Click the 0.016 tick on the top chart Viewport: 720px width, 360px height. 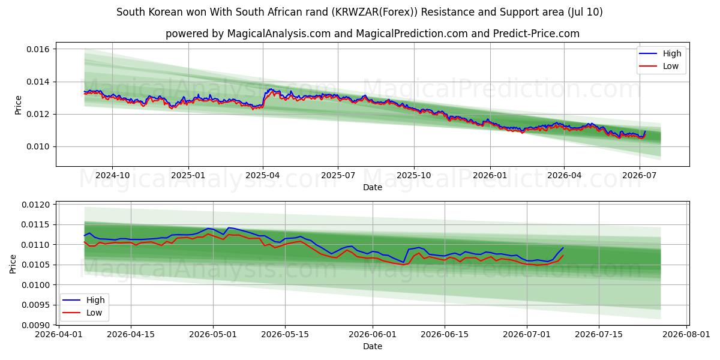pyautogui.click(x=38, y=49)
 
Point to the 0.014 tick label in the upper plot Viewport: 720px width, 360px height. pyautogui.click(x=38, y=82)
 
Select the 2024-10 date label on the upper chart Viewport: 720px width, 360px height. pyautogui.click(x=113, y=175)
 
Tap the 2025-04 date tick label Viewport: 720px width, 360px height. pyautogui.click(x=263, y=175)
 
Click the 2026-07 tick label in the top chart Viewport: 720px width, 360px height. pyautogui.click(x=640, y=175)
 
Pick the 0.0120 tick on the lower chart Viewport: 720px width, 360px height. pyautogui.click(x=35, y=205)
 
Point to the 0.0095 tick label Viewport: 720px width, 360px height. pyautogui.click(x=35, y=305)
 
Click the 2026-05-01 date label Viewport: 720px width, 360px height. pyautogui.click(x=213, y=334)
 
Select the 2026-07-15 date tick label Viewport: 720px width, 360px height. pyautogui.click(x=599, y=334)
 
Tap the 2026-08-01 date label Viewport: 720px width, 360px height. pyautogui.click(x=686, y=334)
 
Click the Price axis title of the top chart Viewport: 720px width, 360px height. pyautogui.click(x=18, y=105)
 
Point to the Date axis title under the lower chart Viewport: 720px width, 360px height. pyautogui.click(x=373, y=347)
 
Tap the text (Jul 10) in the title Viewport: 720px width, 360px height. pyautogui.click(x=585, y=12)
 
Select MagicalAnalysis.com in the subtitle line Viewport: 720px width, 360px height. pyautogui.click(x=279, y=34)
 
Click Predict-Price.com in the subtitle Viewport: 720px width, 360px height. pyautogui.click(x=536, y=34)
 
